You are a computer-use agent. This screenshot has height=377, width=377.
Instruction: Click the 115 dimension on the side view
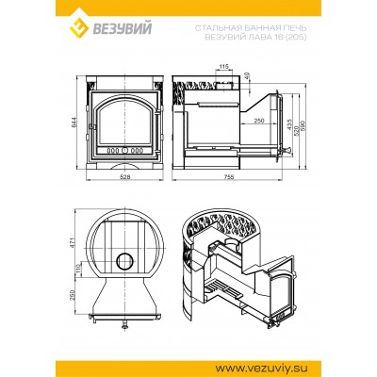[223, 66]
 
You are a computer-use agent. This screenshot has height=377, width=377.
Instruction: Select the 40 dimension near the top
[247, 74]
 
